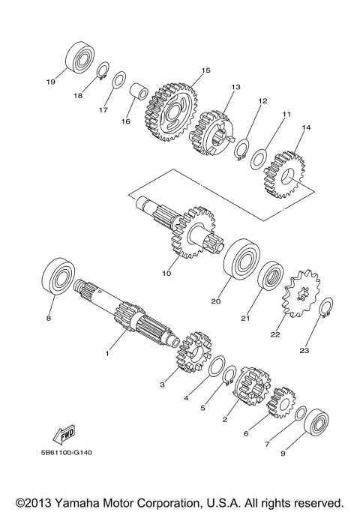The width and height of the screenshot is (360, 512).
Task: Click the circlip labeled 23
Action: tap(326, 307)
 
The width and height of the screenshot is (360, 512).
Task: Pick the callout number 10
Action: tap(166, 273)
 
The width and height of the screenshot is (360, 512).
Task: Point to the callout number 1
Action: tap(107, 352)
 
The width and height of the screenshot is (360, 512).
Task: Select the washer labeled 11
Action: tap(258, 160)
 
